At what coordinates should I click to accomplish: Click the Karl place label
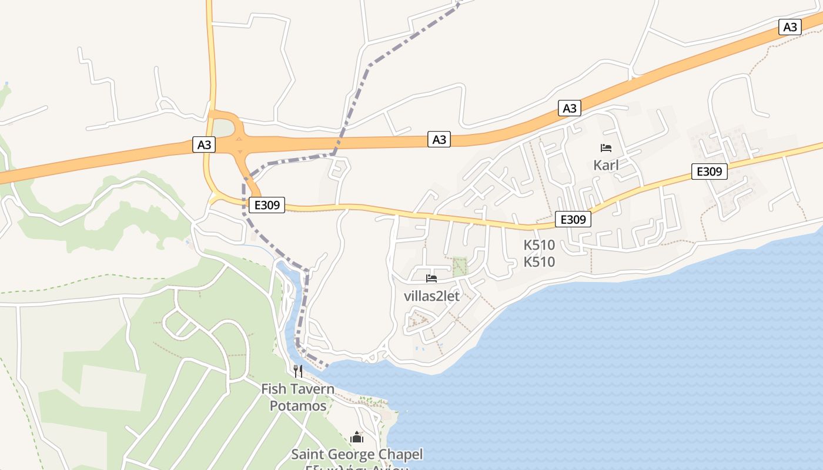(x=606, y=165)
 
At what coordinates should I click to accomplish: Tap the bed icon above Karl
(x=606, y=148)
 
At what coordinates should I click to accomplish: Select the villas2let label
(x=432, y=296)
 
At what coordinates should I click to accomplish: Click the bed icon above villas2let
(x=431, y=278)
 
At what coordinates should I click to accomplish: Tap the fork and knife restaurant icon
(x=298, y=371)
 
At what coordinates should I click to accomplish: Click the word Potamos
(x=298, y=406)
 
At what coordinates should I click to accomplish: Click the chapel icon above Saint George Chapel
(x=357, y=437)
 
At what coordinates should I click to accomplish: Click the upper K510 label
(x=539, y=246)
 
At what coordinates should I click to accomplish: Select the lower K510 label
(x=539, y=262)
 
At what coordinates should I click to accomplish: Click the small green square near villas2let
(x=460, y=266)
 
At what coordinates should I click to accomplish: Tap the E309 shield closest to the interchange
(x=266, y=205)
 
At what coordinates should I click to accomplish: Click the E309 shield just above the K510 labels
(x=573, y=220)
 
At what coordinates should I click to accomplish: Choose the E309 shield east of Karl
(x=709, y=172)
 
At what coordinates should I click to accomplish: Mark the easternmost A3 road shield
(x=790, y=27)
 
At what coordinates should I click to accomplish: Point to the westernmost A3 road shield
(x=204, y=145)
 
